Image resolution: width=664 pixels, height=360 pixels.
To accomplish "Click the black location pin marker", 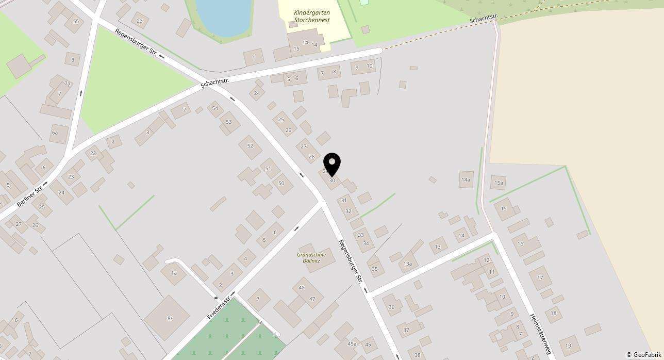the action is pos(332,164).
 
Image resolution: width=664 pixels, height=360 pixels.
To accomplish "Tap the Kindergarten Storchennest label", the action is pos(312,16).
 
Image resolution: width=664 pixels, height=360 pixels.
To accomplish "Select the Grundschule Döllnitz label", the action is pos(309,257).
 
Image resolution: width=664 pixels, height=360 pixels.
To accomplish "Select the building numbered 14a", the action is pos(466,179).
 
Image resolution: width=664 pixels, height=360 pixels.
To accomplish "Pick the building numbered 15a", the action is pos(498,183).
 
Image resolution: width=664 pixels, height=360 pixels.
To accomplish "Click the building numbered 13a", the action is pos(408,264).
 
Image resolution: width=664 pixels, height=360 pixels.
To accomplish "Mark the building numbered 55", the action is pos(76,21).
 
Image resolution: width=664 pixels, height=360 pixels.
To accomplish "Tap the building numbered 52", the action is pos(250,146).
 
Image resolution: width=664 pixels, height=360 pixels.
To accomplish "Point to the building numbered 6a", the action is pos(55,133).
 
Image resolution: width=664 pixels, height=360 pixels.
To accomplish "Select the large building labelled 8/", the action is pos(169,318).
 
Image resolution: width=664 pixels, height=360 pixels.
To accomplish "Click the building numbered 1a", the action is pos(174,273).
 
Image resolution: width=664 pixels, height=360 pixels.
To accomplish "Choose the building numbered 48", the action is pos(302,288).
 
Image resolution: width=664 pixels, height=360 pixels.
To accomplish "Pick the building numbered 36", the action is pos(392,307).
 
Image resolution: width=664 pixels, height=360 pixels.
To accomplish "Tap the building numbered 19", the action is pos(568,346).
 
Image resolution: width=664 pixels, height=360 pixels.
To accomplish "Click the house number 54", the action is pos(215,108).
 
